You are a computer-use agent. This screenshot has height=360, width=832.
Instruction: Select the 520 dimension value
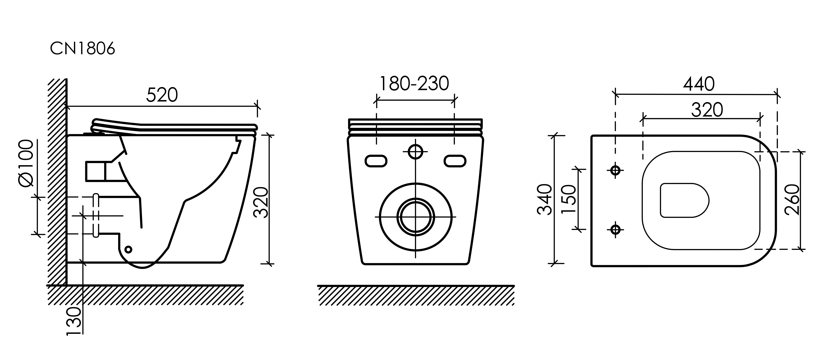[x=162, y=95]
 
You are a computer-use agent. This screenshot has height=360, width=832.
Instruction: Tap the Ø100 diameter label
[x=26, y=163]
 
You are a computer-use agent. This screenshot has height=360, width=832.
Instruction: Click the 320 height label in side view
[x=261, y=202]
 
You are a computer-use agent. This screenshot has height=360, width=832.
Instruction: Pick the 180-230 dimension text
[x=414, y=84]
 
